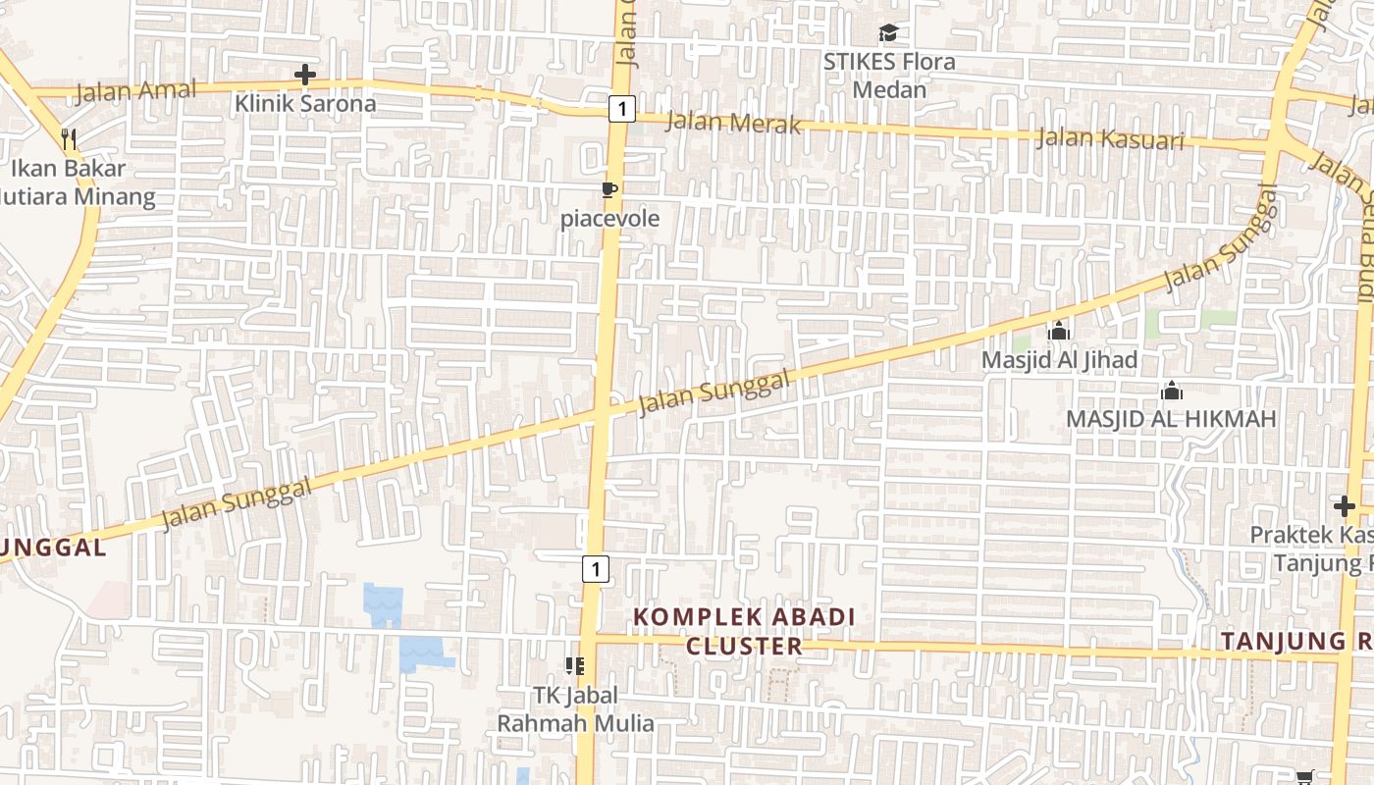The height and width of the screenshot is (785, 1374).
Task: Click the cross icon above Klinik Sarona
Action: pos(305,75)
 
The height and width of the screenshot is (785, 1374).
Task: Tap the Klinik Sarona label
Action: pos(305,103)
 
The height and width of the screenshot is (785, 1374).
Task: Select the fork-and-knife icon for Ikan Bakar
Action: pos(69,138)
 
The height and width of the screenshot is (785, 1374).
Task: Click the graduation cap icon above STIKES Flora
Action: pos(888,33)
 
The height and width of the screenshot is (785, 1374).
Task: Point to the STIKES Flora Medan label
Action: pos(888,76)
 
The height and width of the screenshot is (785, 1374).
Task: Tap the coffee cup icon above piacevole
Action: pos(609,189)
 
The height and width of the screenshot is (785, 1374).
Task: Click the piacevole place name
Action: pos(609,218)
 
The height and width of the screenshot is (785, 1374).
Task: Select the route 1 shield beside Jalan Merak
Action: pos(621,108)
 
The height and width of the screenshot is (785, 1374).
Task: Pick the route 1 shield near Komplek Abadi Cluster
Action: pos(595,568)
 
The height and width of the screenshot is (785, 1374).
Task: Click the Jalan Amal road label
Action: pos(135,92)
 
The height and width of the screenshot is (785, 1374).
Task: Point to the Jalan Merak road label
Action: pos(733,123)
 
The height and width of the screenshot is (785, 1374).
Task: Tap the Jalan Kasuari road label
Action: pos(1110,138)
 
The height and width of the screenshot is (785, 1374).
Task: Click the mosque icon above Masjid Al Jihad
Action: pos(1058,332)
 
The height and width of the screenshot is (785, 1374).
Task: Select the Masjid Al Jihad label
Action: pos(1059,360)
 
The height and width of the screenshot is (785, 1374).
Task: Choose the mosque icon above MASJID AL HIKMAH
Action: pos(1171,392)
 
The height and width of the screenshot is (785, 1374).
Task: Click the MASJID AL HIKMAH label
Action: pos(1171,419)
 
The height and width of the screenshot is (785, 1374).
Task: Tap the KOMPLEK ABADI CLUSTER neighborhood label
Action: pos(744,631)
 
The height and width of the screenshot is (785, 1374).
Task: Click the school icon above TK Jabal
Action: pos(575,666)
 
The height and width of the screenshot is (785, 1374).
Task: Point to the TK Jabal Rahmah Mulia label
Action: pos(575,709)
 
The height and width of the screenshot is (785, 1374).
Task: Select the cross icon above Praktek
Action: pos(1345,506)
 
